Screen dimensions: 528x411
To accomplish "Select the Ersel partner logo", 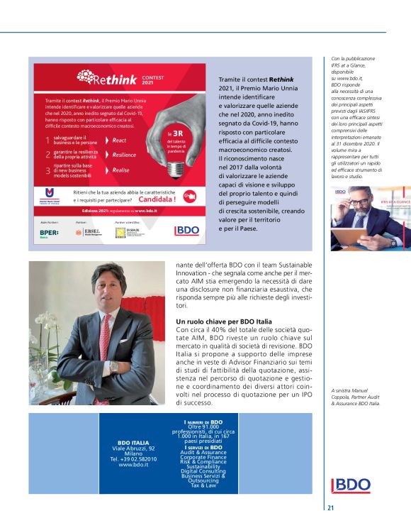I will pyautogui.click(x=91, y=232).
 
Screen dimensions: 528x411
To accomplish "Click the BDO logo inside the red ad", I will pyautogui.click(x=187, y=231).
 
